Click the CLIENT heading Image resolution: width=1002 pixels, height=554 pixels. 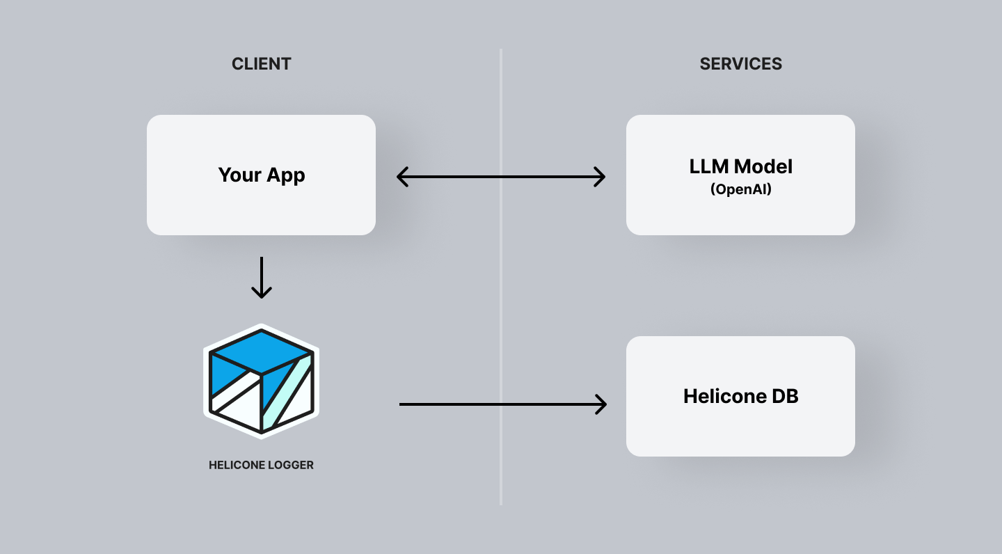(261, 64)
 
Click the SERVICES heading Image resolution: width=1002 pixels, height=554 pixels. (740, 64)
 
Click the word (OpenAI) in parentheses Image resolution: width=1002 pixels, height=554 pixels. (740, 189)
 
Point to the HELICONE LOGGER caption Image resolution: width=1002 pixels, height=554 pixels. (261, 465)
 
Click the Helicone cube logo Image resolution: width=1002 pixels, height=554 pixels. (261, 381)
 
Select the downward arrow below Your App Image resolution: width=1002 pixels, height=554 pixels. (261, 278)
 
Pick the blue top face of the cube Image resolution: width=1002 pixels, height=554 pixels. (261, 351)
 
